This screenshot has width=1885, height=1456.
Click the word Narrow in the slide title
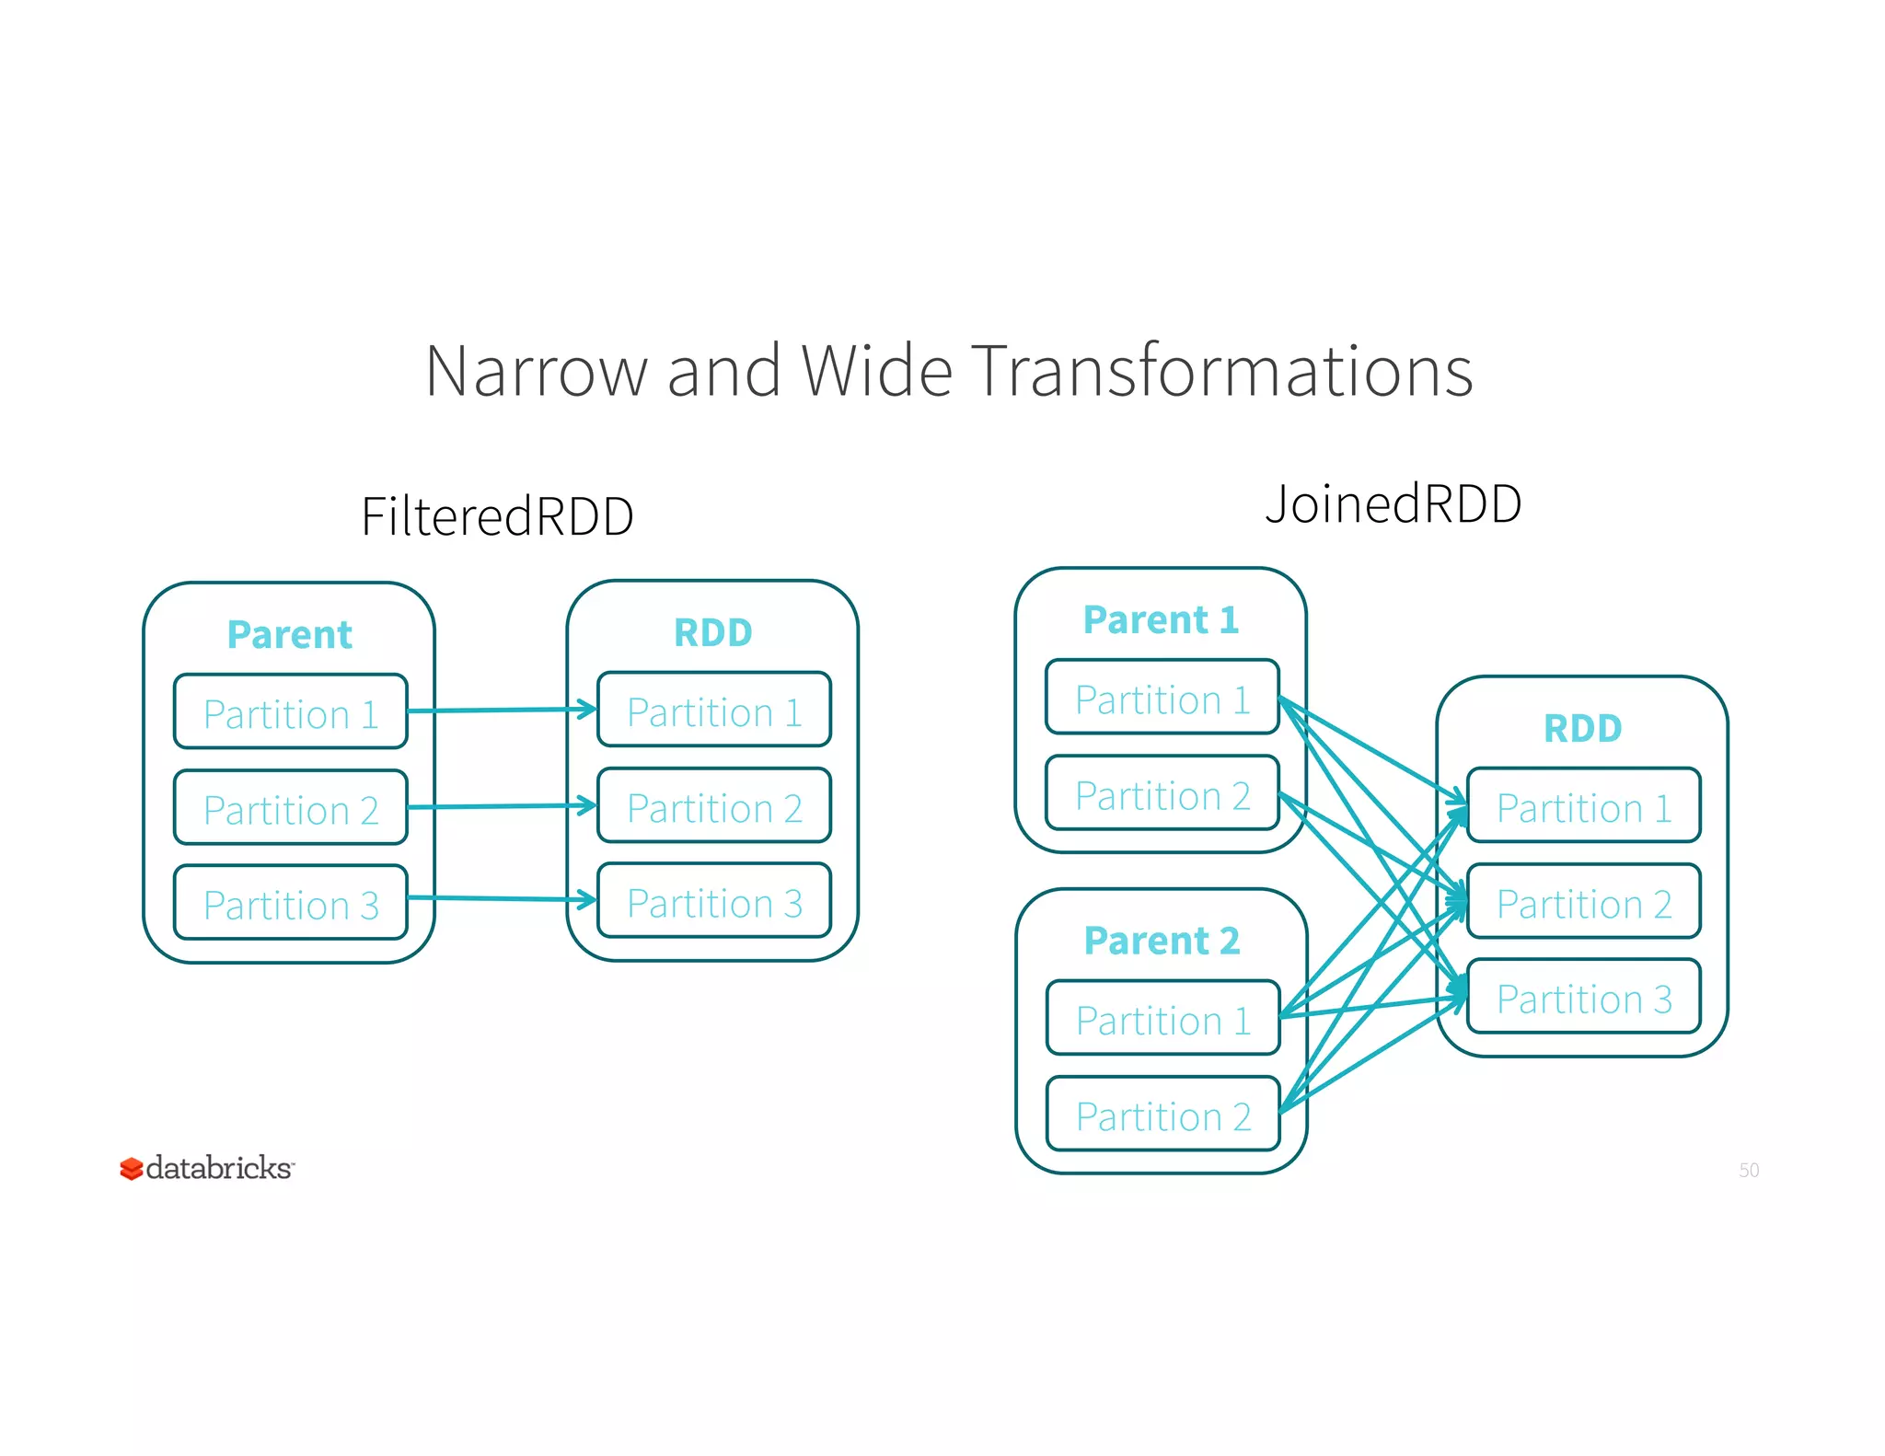537,371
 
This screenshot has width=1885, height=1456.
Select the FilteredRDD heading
497,516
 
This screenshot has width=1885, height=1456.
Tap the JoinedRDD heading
1393,504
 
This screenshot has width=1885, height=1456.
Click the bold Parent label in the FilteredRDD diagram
289,635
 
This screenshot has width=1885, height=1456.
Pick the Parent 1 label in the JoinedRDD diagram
1161,620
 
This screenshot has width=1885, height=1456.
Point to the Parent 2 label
1162,941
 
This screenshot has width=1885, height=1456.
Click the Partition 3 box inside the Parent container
290,904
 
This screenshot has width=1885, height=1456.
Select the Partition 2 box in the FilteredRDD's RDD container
714,807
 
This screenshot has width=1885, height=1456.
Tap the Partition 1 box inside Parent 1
1162,699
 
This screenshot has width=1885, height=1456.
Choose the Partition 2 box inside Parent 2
1162,1115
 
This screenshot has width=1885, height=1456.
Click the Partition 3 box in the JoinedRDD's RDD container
1583,998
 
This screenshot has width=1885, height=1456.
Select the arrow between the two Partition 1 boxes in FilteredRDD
502,710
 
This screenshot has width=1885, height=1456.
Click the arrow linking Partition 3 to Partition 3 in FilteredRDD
502,898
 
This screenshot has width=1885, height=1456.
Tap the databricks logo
207,1168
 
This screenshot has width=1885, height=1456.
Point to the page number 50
1748,1170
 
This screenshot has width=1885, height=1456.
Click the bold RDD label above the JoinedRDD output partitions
1582,729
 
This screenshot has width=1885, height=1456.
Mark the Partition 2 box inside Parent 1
1162,794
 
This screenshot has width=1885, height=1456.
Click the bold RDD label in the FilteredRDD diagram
713,633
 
